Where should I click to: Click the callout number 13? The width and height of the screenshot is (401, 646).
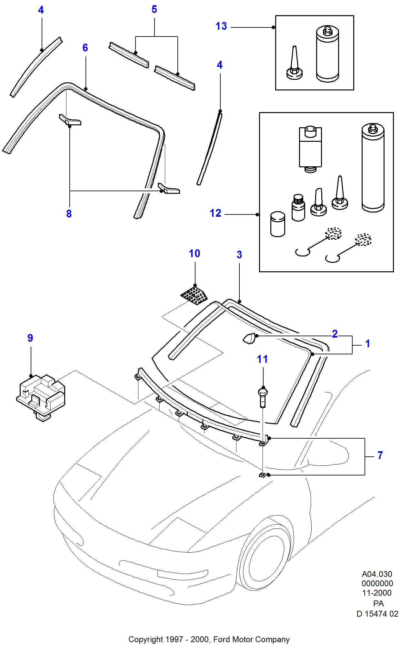coord(221,26)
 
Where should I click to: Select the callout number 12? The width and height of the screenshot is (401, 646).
coord(215,213)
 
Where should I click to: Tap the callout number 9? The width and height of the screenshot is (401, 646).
coord(30,338)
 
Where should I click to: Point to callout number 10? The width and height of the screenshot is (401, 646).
coord(194,254)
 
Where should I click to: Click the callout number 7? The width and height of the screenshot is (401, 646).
coord(380,455)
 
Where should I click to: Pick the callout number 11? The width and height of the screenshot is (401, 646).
coord(262,359)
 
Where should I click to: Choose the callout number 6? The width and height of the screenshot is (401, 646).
coord(85,48)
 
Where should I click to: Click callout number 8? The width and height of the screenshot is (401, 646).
coord(69,214)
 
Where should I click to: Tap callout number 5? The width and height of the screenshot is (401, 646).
coord(154,9)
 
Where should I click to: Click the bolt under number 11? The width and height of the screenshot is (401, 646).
coord(263,397)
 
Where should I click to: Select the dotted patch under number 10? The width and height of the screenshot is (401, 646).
coord(194,295)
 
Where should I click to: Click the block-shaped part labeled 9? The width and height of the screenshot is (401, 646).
coord(41,396)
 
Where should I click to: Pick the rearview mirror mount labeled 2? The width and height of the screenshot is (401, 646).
coord(249,338)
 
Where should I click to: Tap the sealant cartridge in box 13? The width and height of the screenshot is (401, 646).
coord(327,54)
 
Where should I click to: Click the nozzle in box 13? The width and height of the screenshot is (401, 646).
coord(294,65)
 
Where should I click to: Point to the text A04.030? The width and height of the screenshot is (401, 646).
coord(377,574)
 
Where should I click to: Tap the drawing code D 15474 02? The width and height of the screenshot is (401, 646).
coord(377,614)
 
